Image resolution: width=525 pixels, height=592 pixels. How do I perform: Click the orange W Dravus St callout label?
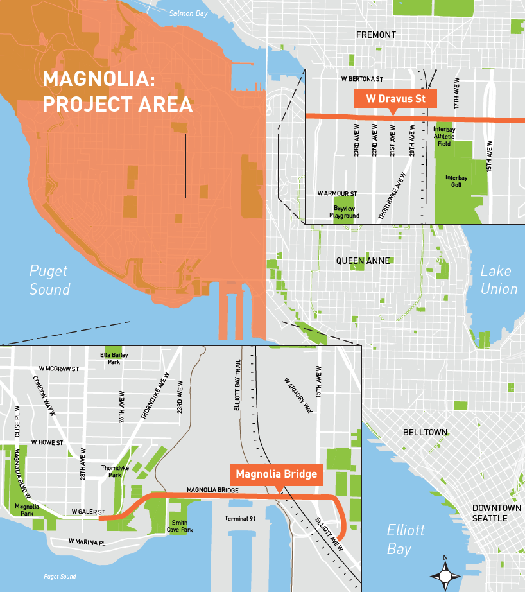(x=395, y=99)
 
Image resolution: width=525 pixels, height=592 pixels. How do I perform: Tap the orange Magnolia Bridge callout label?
(x=276, y=474)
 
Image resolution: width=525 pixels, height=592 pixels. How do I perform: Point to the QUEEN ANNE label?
(x=363, y=261)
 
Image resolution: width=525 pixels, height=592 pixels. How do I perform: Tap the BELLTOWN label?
(x=425, y=433)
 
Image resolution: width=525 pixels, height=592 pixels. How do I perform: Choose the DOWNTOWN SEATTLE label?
(x=496, y=512)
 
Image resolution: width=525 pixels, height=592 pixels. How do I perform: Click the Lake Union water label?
(x=499, y=280)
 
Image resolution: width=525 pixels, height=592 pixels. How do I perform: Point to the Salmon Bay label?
(x=185, y=13)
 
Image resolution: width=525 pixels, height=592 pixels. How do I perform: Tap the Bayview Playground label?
(x=345, y=213)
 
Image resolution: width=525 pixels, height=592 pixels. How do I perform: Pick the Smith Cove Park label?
(x=180, y=526)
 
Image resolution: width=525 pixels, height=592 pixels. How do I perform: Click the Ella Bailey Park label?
(x=110, y=358)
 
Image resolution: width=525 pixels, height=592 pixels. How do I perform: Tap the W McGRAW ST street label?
(x=58, y=369)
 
